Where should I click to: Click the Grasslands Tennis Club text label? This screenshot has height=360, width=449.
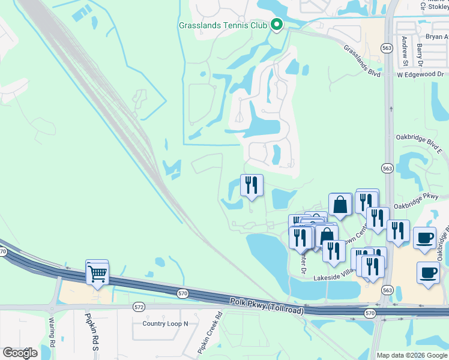point(223,25)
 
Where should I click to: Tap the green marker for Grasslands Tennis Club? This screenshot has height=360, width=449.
point(277,25)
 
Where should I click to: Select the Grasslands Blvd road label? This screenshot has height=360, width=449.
point(363,59)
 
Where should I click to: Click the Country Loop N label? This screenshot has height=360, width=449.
point(165,323)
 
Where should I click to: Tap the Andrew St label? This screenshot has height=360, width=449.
point(405,51)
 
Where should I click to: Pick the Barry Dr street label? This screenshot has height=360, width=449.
point(420,54)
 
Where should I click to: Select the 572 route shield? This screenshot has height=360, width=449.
point(139,307)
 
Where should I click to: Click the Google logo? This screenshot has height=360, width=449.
point(20,352)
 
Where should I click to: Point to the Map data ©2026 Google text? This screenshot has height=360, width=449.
point(412,355)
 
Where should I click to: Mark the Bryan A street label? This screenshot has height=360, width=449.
point(436,37)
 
